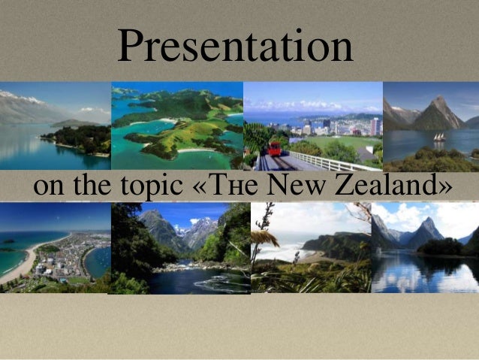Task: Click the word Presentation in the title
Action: tap(235, 47)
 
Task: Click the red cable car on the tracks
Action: tap(276, 148)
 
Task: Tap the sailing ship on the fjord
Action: tap(438, 138)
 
